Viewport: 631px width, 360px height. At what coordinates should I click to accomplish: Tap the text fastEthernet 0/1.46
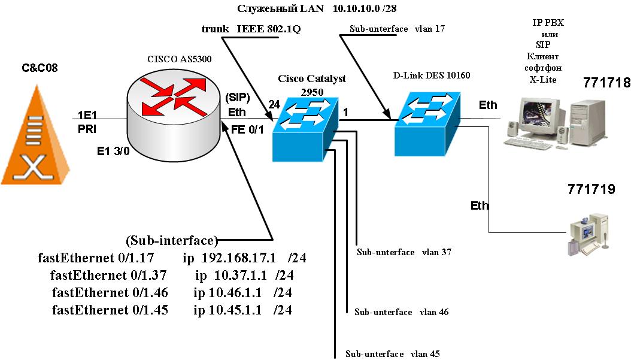coord(110,293)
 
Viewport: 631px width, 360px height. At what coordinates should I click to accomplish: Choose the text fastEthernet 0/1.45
coord(110,310)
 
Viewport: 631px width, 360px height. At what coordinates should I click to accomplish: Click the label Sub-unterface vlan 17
coord(396,29)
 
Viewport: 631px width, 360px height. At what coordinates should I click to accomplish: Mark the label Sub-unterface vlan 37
coord(404,252)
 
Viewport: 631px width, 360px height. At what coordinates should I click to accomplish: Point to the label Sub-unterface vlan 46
coord(401,312)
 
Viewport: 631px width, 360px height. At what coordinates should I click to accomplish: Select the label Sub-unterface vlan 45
coord(393,353)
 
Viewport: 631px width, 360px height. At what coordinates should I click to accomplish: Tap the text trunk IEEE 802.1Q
coord(251,28)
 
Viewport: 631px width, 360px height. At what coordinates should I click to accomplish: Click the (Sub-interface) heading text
coord(171,241)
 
